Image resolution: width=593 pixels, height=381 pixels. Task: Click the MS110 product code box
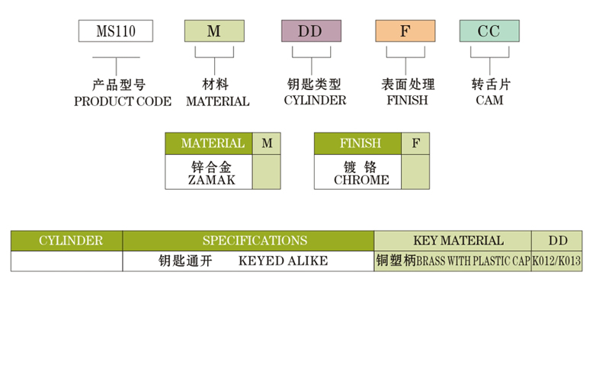pos(116,31)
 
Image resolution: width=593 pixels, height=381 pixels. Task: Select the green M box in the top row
pos(214,31)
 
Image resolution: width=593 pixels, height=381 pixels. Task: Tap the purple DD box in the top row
pos(310,31)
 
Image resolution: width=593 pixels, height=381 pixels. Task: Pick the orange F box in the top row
pos(405,31)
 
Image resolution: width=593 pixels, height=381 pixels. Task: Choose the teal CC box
pos(489,31)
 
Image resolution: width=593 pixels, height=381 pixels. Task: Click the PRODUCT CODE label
pos(123,101)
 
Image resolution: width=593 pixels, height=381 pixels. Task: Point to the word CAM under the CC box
pos(489,100)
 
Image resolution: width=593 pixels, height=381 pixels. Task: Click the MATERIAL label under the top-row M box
pos(217,101)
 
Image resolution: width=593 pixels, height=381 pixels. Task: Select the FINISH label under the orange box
pos(407,100)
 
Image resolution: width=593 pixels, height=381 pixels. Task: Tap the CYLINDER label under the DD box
pos(315,100)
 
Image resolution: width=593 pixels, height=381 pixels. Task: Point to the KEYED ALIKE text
pos(283,261)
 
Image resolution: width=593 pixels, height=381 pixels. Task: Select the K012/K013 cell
pos(556,261)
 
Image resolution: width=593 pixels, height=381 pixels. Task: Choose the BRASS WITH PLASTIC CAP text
pos(473,261)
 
